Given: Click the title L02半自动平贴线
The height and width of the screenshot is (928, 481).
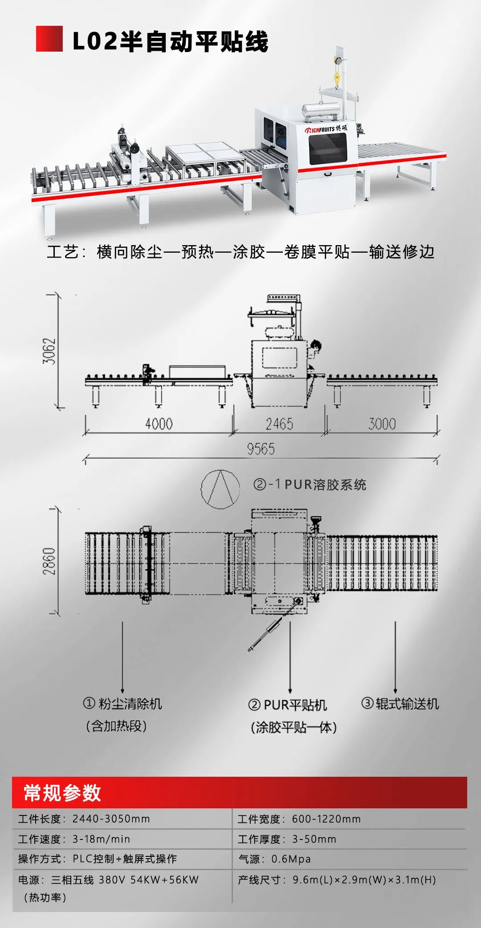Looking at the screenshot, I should tap(170, 41).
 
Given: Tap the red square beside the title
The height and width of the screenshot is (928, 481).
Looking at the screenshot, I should tap(49, 39).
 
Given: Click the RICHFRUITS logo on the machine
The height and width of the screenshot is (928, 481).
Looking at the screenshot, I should tap(326, 129).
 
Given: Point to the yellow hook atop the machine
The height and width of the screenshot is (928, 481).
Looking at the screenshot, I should tap(337, 78).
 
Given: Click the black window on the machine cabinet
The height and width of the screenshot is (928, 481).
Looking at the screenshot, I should tap(328, 148).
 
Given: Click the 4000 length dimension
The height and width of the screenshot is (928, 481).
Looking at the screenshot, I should tap(159, 424).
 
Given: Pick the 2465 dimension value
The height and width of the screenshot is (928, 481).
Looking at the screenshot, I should tap(279, 424).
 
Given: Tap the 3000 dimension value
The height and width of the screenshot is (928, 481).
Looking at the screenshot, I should tap(382, 424).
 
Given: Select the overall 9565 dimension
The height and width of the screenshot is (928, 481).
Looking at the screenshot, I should tap(261, 449).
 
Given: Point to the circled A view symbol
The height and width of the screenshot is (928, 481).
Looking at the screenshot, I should tap(220, 488).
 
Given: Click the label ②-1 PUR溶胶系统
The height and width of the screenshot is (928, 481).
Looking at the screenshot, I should tap(310, 484).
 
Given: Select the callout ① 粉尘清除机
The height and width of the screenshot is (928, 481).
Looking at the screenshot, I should tap(122, 704).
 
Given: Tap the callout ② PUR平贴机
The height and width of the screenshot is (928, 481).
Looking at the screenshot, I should tap(288, 705).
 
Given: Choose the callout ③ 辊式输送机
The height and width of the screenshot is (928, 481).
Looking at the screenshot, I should tap(400, 704).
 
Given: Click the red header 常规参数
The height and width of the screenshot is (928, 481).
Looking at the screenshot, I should tap(62, 793).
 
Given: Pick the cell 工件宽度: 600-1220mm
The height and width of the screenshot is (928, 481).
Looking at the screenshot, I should tap(299, 819).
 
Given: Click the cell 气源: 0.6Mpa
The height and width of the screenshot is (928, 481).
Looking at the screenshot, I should tap(275, 859).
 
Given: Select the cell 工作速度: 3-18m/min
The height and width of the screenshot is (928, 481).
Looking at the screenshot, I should tap(74, 839).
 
